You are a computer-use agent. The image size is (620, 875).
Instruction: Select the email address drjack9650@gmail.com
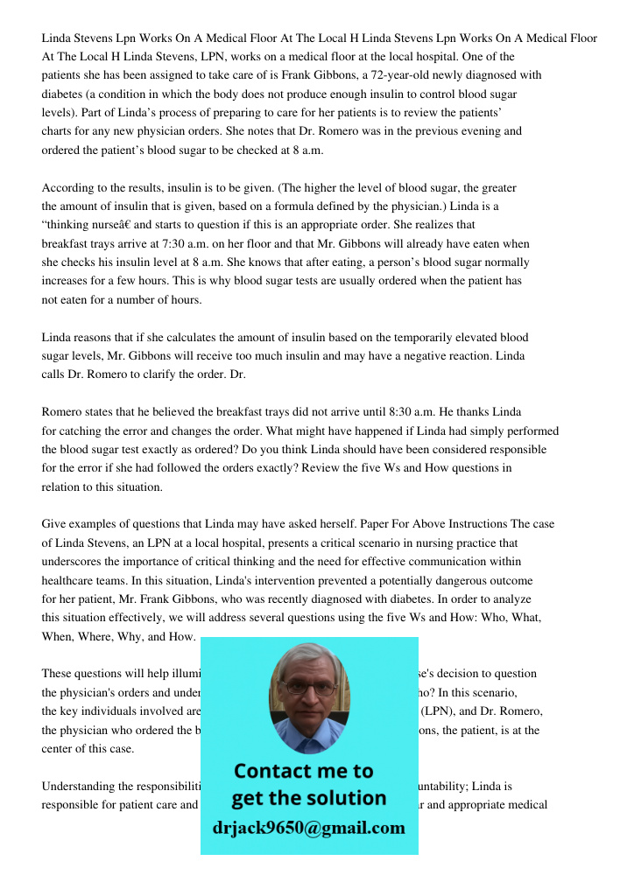pos(308,828)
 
